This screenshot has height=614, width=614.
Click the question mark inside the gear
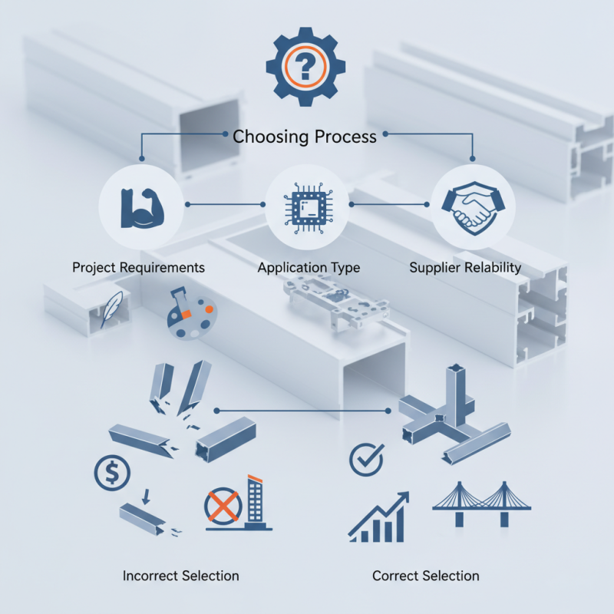pos(305,66)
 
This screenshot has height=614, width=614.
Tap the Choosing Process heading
pos(304,137)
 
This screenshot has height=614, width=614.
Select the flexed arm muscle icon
pos(142,208)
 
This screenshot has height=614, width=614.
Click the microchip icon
pos(309,207)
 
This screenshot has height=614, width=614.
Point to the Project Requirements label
pos(138,267)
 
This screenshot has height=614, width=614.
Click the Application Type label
pos(309,267)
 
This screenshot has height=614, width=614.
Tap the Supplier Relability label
pos(465,267)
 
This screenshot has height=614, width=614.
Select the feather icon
pos(111,309)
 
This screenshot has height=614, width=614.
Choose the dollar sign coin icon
pos(112,473)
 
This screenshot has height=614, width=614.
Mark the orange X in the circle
pos(223,507)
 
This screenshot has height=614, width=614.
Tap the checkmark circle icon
pos(367,459)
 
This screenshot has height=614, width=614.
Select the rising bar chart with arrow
pos(378,517)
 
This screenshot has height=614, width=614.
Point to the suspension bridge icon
pos(482,504)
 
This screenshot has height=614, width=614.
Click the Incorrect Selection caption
pos(180,576)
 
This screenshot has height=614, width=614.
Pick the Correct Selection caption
pos(426,576)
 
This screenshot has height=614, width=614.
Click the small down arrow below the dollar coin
pos(146,496)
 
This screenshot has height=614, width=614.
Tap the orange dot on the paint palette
pos(209,309)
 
